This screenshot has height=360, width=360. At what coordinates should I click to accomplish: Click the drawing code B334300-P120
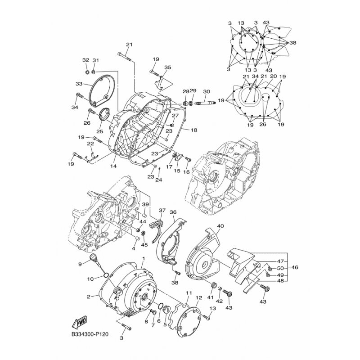point(90,334)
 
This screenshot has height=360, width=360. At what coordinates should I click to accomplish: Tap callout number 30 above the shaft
point(207,92)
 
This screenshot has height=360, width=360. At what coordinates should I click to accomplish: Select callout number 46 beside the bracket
point(295,267)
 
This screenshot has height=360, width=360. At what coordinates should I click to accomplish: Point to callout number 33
point(79,84)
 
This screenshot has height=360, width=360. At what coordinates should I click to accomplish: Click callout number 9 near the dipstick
point(80,264)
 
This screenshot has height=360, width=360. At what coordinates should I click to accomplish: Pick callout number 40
point(220,226)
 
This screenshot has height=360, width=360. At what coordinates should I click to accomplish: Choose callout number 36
point(173,212)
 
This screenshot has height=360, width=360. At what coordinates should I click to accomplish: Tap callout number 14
point(113,166)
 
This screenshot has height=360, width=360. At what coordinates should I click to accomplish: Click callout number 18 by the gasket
point(194,130)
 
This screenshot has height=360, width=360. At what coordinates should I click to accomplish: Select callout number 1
point(144,259)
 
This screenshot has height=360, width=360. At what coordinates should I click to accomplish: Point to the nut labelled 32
point(87,72)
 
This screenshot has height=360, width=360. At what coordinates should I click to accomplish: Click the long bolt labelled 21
point(125,57)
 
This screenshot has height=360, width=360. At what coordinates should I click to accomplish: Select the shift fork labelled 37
point(158,229)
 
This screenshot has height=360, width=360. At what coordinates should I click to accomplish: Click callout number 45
point(144,245)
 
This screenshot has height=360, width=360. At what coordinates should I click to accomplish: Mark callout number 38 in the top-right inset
point(293,43)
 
